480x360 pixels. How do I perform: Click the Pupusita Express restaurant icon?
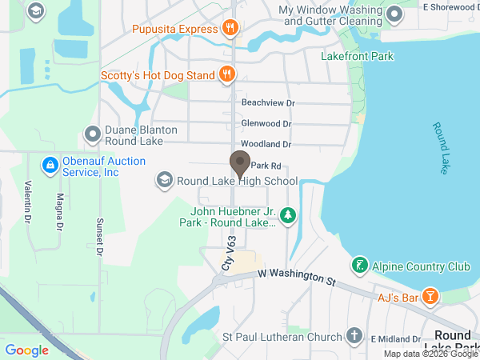coord(230,29)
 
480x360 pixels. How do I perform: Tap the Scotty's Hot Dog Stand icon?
coord(227,75)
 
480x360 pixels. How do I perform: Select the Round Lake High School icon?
coord(165,181)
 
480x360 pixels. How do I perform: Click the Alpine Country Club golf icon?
coord(360,266)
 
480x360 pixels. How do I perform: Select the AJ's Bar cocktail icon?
coord(430,297)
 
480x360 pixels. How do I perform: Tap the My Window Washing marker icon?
coord(394,14)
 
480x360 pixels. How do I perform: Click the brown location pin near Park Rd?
coord(239,164)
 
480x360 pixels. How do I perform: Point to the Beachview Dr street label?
coord(268,103)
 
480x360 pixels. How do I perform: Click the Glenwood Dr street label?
coord(266,124)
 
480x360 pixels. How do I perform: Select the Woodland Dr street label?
coord(266,144)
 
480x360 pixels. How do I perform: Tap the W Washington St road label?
coord(296,277)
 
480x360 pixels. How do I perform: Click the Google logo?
coord(26,350)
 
